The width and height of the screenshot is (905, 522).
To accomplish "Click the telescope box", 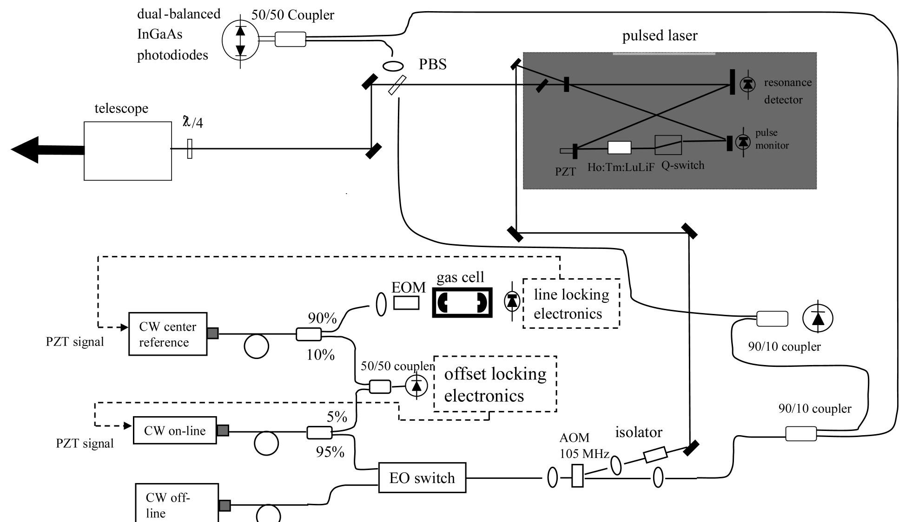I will point(128,151).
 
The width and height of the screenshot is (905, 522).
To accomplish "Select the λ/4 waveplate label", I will point(193,122).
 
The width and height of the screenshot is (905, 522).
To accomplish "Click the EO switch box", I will point(422,477).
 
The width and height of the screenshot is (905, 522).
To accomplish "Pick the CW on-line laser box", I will point(175,431).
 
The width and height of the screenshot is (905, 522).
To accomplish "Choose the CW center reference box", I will point(167,334).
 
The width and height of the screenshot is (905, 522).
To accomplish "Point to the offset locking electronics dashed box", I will point(495,385).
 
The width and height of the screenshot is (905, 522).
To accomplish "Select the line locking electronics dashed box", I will point(571,304).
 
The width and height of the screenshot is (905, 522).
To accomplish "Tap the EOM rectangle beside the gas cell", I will point(406,303).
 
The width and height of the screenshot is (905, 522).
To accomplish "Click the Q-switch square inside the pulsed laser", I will point(668,145).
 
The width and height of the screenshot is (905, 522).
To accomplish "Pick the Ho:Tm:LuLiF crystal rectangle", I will point(620,148).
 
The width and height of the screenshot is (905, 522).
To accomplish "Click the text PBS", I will point(432,64).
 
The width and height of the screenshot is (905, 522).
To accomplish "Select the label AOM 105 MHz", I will point(584,445).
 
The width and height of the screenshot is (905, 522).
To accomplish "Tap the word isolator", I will point(638,432).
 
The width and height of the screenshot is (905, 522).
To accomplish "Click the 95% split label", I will point(330,452).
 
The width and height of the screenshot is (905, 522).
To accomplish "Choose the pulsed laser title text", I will point(660,36).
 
